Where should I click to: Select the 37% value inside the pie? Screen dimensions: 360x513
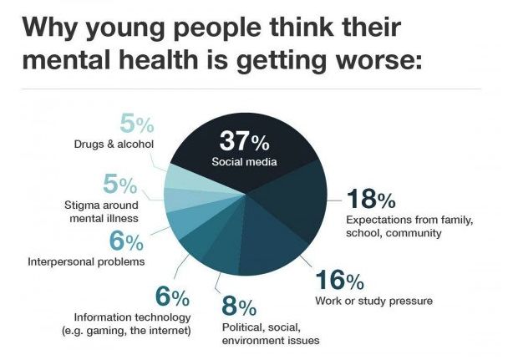point(243,140)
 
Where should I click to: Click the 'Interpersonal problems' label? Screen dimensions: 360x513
point(87,261)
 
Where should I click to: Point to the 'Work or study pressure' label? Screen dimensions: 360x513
point(373,301)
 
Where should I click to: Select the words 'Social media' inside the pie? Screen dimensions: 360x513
point(244,160)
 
